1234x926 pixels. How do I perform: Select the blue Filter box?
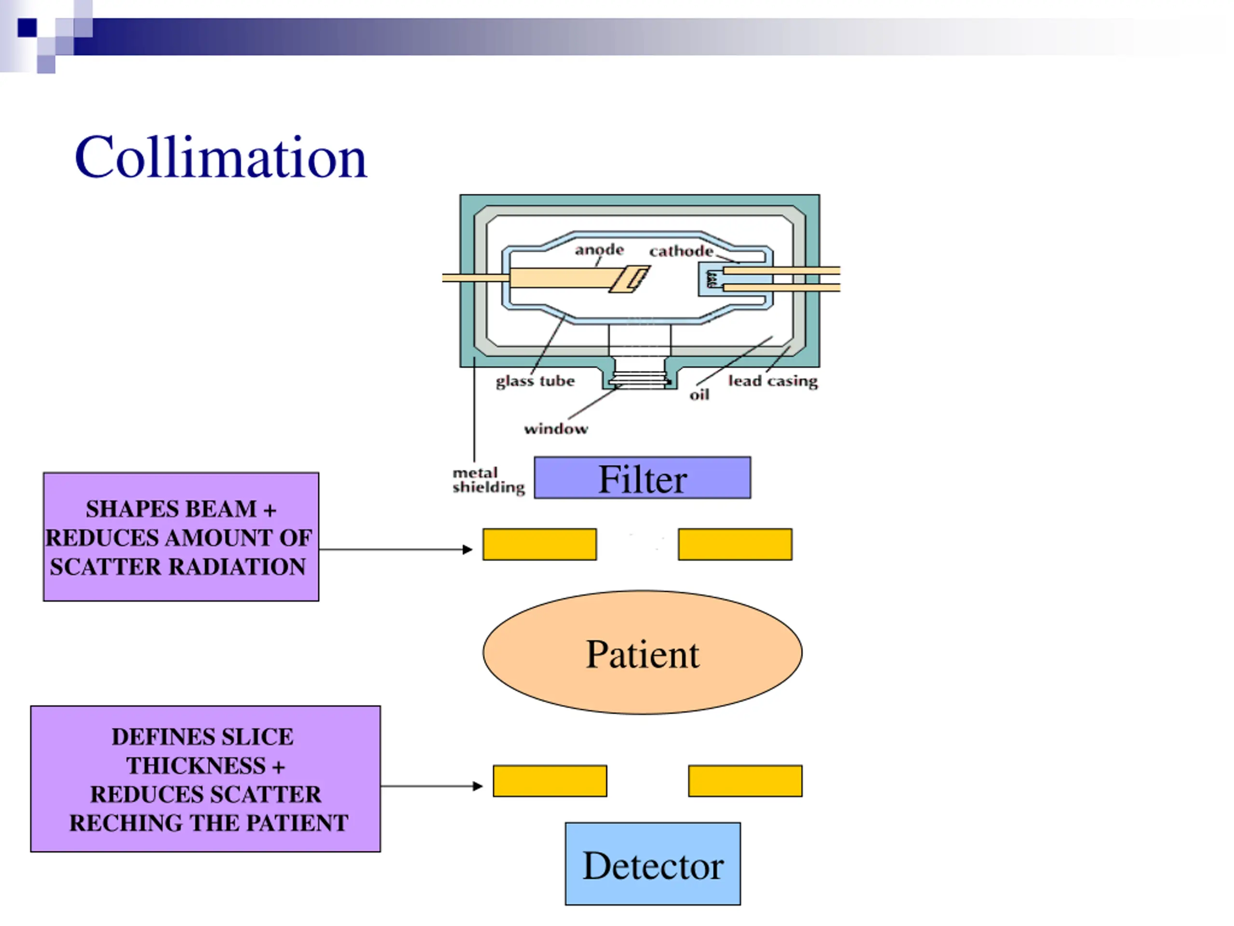[x=642, y=478]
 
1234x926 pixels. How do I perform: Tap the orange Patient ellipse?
[x=643, y=653]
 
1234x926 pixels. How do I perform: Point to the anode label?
[x=599, y=249]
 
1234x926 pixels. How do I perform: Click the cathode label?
[x=681, y=251]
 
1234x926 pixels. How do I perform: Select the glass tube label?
[x=535, y=381]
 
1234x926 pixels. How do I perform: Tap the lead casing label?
[x=773, y=381]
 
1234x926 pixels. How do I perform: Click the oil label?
[x=699, y=395]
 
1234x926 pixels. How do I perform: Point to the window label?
[x=556, y=429]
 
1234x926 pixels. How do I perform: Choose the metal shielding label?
[x=489, y=480]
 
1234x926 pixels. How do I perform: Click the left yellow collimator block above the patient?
[x=539, y=544]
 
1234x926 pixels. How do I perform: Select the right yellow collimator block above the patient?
[x=735, y=544]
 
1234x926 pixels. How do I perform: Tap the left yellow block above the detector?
[x=550, y=781]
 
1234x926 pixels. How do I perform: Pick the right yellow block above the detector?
[x=745, y=781]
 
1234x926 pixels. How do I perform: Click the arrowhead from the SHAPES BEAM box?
[x=468, y=550]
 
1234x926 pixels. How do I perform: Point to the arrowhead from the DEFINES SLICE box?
[x=478, y=787]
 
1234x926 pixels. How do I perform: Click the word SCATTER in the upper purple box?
[x=106, y=567]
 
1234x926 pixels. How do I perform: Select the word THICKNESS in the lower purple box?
[x=196, y=765]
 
